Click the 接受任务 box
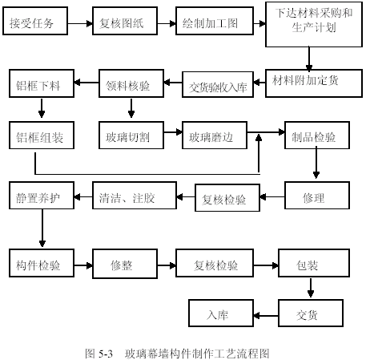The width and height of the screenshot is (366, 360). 35,21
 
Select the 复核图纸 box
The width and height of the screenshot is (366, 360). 125,21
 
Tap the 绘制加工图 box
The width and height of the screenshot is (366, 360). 215,21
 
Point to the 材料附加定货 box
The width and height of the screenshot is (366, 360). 314,83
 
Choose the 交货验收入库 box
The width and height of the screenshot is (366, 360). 218,84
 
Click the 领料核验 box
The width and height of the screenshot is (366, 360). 131,83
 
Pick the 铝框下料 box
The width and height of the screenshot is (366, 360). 42,83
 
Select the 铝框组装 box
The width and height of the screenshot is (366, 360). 42,136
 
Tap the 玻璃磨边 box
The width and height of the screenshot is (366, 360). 215,136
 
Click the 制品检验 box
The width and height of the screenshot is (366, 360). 317,136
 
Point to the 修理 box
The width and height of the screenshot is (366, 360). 317,196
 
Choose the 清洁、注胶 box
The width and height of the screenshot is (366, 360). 135,196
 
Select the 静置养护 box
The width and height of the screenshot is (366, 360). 42,196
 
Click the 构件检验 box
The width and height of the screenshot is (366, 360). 42,263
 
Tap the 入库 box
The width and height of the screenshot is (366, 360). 221,313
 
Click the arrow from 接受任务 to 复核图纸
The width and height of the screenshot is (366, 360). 80,23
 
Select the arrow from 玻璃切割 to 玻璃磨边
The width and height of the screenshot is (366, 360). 173,131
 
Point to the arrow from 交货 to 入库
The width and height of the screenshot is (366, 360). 266,316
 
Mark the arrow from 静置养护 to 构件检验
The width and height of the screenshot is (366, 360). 42,228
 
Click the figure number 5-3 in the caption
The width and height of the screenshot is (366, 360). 106,354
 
